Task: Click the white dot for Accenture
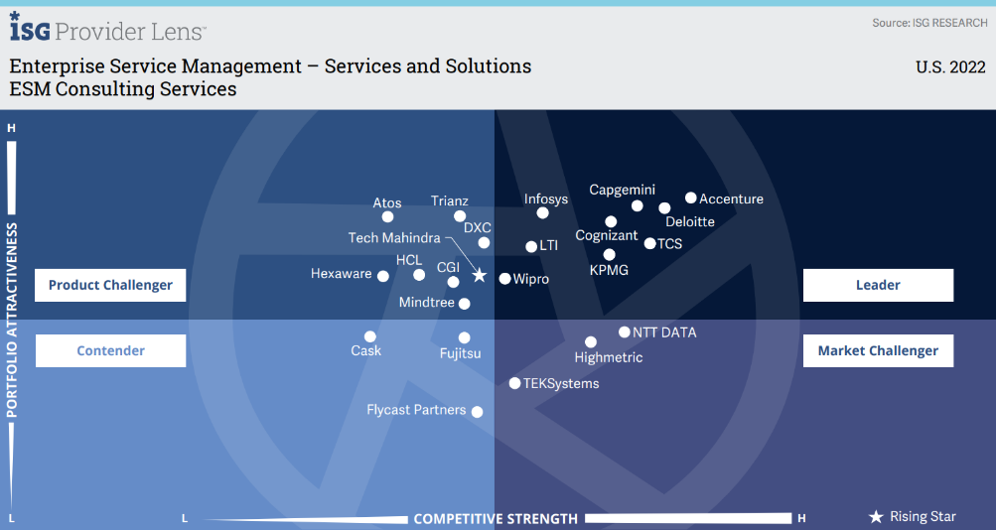[691, 199]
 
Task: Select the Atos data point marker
[387, 216]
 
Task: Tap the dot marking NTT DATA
[625, 332]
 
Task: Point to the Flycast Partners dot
[477, 411]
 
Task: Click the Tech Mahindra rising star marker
[479, 276]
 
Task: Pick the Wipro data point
[504, 279]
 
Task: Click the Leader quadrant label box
[878, 285]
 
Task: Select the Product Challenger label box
[110, 285]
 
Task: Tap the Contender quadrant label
[110, 350]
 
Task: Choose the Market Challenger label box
[878, 350]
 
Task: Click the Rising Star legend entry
[913, 516]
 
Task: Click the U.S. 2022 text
[950, 67]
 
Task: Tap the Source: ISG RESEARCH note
[929, 23]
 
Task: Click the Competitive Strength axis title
[496, 518]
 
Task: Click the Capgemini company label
[622, 190]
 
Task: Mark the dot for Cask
[370, 336]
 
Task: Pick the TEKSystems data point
[514, 383]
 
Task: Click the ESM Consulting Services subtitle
[123, 89]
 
